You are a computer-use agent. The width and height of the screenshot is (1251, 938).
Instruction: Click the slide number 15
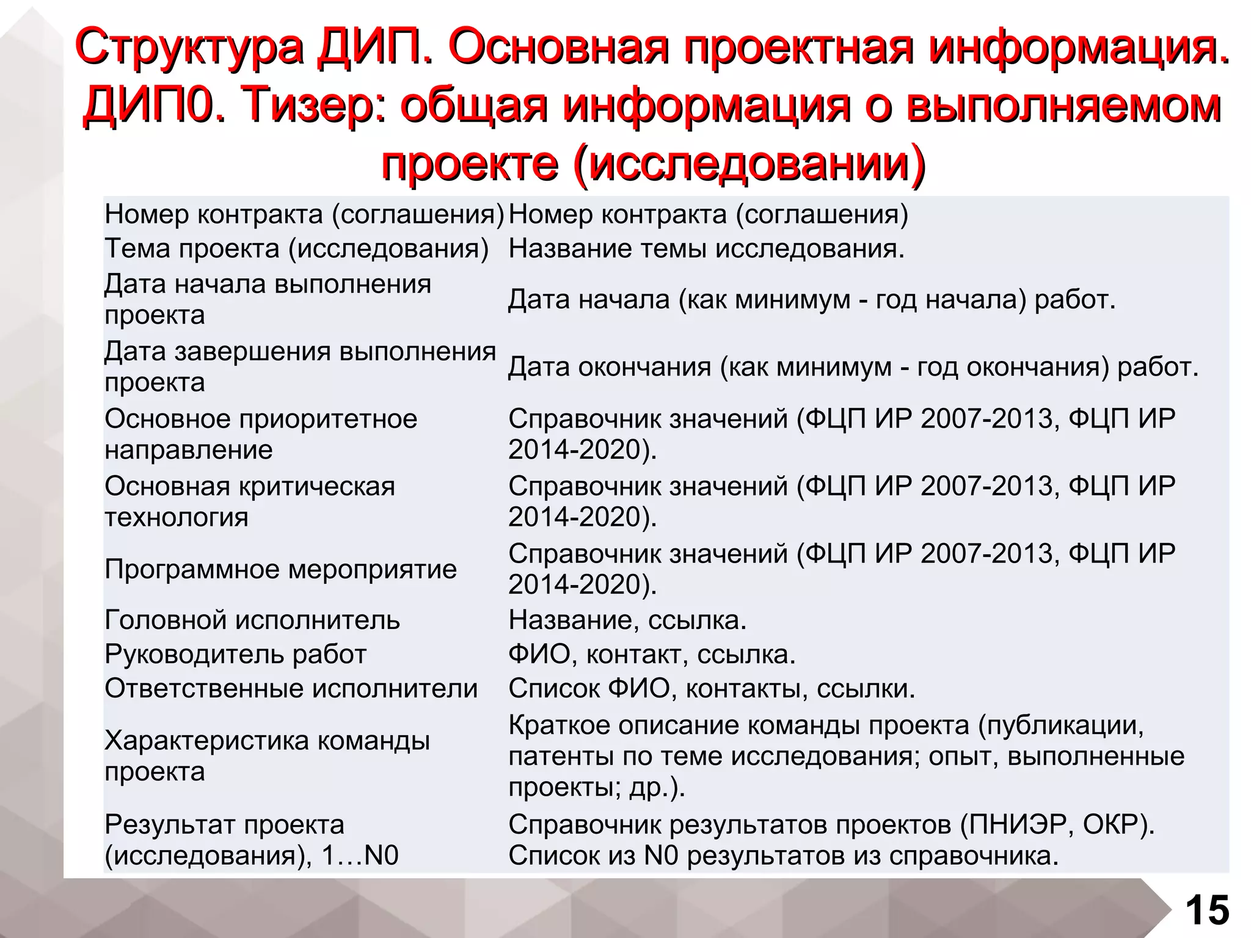click(1207, 911)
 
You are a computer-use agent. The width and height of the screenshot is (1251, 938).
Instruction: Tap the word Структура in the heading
click(190, 47)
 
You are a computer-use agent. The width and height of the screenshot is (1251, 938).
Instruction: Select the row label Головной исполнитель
click(252, 620)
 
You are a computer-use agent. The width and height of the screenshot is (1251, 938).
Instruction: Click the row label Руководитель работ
click(235, 655)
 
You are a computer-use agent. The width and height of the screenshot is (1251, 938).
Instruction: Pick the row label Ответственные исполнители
click(291, 689)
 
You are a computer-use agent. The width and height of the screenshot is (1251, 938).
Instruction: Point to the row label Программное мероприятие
click(280, 569)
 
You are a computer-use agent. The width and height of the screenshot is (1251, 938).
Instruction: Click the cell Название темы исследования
click(706, 249)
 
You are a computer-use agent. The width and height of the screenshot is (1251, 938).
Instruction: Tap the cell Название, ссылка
click(627, 620)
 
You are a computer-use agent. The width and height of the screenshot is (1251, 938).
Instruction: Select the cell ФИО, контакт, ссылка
click(652, 655)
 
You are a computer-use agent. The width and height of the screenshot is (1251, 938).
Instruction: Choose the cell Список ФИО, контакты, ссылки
click(712, 689)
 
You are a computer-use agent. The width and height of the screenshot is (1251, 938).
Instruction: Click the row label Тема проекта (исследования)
click(297, 249)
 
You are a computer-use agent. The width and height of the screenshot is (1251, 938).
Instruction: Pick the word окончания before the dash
click(644, 367)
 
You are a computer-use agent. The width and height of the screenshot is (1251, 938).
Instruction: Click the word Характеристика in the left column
click(207, 741)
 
